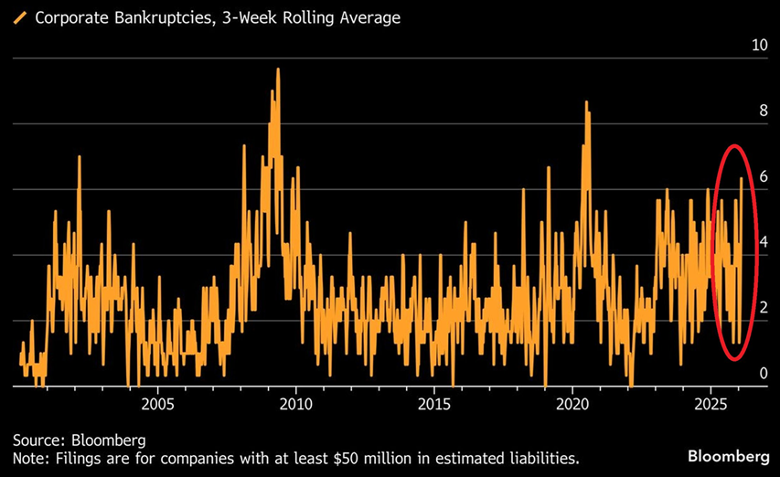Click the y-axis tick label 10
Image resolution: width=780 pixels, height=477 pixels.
pos(758,45)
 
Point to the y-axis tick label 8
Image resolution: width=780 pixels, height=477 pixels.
pos(762,111)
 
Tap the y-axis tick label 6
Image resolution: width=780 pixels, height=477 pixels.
pos(762,177)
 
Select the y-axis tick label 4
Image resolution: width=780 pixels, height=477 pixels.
pos(762,243)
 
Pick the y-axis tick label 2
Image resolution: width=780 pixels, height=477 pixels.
pos(762,309)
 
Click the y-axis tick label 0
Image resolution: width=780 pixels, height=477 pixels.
pos(762,374)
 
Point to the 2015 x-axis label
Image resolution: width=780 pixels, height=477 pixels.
pos(434,403)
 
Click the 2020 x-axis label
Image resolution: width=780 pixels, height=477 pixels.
pos(572,403)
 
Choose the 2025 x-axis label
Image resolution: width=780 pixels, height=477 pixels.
pos(711,403)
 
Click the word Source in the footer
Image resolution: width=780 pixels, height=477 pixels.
pos(35,440)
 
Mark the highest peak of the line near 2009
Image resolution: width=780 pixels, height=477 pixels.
pos(277,69)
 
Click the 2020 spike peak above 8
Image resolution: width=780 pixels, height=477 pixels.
pos(586,101)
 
